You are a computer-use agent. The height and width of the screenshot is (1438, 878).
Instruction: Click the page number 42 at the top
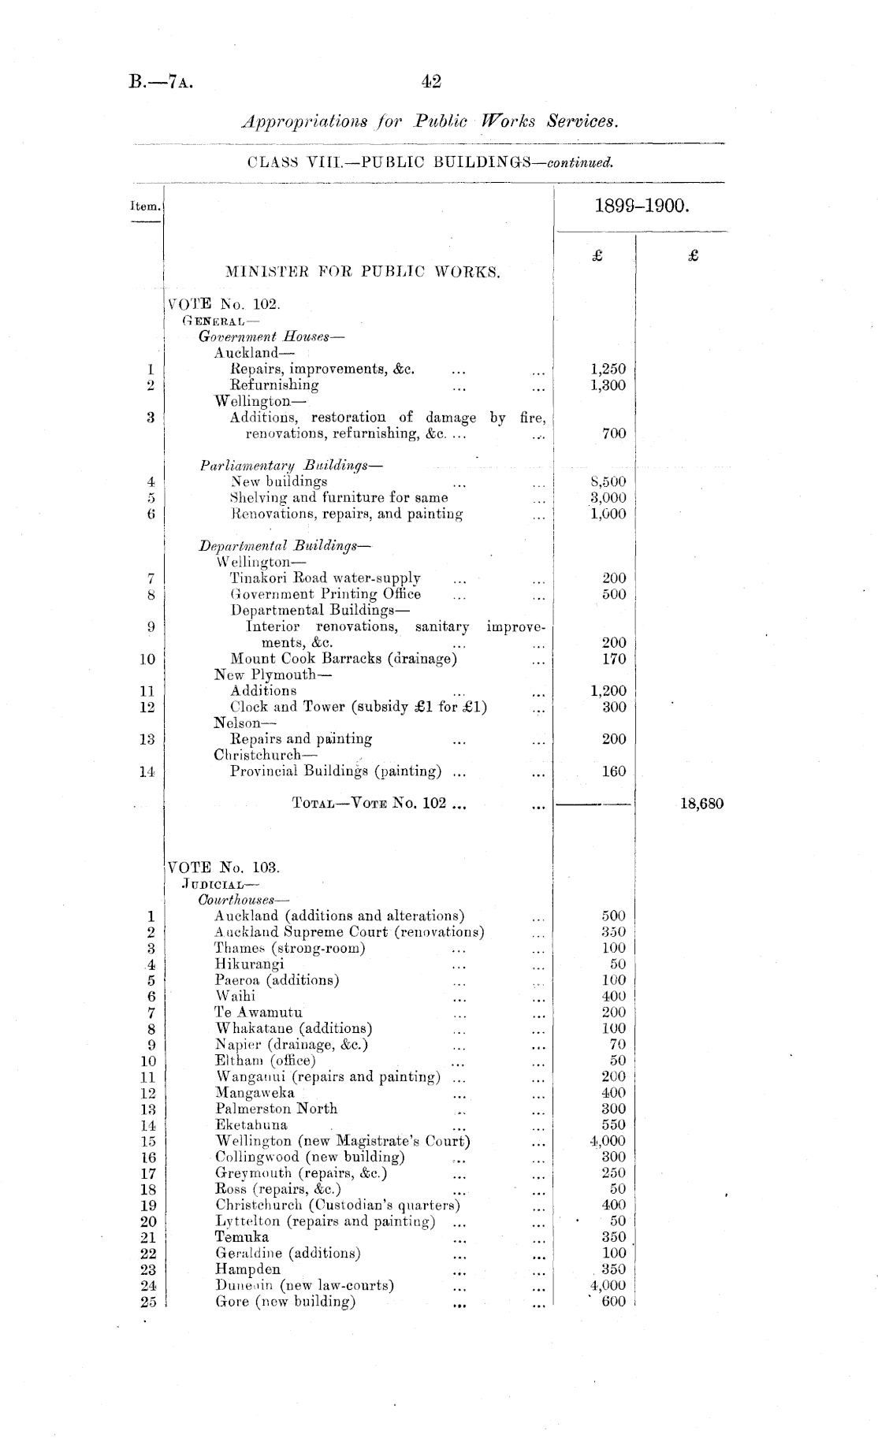(431, 81)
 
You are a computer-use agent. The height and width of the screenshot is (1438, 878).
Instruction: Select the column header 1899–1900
(643, 207)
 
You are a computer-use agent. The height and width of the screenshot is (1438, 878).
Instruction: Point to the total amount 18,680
(701, 804)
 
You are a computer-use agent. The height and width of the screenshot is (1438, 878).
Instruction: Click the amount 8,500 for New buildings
(608, 481)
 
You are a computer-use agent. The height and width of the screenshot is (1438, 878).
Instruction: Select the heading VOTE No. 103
(224, 868)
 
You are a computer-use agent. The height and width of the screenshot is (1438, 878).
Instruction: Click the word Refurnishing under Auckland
(274, 385)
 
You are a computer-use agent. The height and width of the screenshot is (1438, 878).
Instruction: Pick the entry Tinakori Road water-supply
(325, 578)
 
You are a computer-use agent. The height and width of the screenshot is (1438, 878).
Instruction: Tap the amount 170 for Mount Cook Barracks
(614, 659)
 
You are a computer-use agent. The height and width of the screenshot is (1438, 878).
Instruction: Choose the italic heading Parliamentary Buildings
(291, 465)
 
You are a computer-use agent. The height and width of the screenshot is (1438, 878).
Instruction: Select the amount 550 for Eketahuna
(613, 1125)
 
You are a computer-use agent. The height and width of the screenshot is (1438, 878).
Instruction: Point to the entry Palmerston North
(276, 1109)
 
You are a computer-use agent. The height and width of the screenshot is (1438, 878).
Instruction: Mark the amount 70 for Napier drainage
(617, 1045)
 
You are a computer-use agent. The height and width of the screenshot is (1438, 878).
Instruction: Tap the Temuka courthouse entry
(242, 1237)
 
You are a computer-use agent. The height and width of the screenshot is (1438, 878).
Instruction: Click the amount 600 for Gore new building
(613, 1302)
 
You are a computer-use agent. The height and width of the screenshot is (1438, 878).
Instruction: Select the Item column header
(145, 206)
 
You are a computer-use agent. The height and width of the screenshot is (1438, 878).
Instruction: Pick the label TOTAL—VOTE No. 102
(370, 804)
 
